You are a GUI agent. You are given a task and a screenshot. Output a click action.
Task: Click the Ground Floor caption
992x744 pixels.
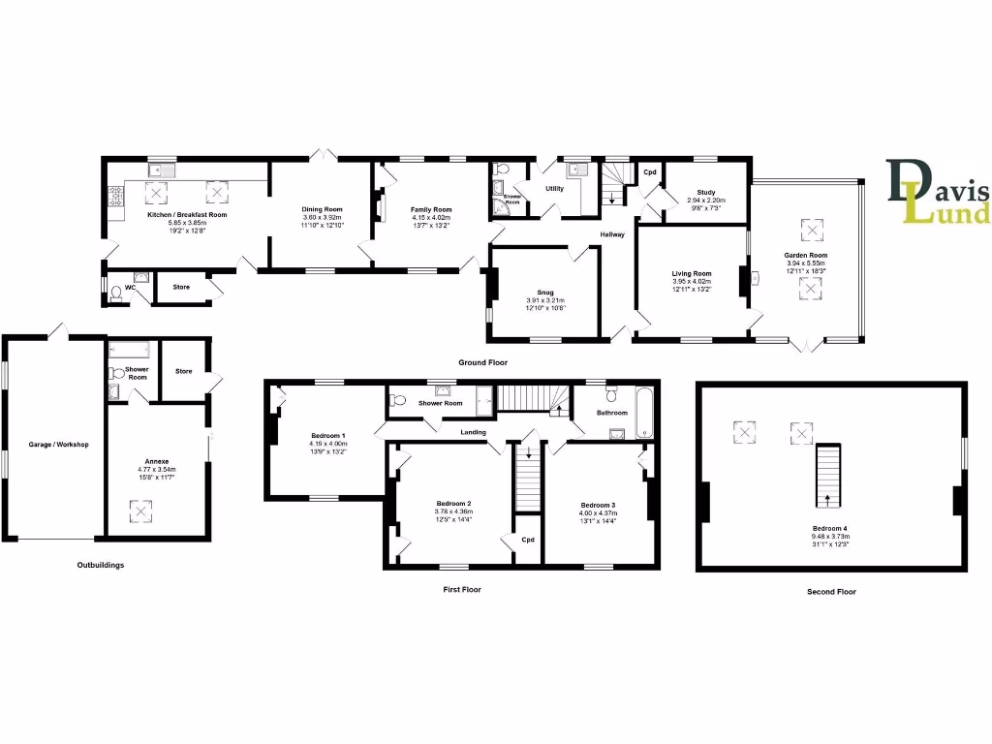482,362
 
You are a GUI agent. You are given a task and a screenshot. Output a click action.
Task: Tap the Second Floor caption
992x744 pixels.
831,591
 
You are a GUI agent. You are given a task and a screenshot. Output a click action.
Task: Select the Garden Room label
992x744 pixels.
805,256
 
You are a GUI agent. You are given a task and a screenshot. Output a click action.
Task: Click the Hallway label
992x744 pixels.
612,234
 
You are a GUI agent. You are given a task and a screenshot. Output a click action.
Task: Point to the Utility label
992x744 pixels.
554,189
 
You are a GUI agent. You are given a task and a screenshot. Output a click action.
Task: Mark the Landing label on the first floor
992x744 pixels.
474,432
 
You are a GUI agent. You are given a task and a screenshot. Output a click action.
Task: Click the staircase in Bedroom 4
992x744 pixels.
828,476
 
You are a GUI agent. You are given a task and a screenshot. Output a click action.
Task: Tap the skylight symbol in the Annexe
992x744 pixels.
140,510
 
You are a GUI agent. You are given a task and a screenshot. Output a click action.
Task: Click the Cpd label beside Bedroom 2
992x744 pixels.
528,540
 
